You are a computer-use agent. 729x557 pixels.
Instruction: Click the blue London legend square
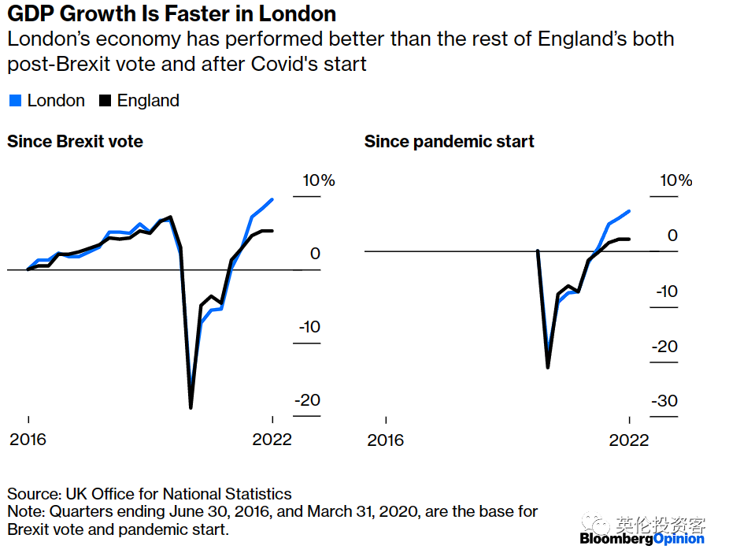[x=14, y=101]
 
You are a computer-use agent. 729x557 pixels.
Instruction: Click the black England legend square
[x=104, y=101]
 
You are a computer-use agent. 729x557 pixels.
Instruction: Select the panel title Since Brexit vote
[x=75, y=142]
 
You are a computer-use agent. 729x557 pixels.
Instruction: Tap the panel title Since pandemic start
[x=449, y=142]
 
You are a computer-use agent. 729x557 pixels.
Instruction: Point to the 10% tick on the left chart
[x=319, y=180]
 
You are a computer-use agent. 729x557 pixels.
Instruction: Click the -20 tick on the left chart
[x=308, y=400]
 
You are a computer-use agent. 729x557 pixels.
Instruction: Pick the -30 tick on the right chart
[x=664, y=401]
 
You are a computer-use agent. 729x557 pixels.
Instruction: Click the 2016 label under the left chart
[x=28, y=439]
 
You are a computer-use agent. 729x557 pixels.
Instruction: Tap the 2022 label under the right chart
[x=630, y=439]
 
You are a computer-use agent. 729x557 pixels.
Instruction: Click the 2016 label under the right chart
[x=385, y=439]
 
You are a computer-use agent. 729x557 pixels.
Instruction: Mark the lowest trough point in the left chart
[x=191, y=407]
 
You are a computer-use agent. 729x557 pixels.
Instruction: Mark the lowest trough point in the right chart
[x=548, y=367]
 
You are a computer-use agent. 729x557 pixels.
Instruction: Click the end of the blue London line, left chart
[x=272, y=199]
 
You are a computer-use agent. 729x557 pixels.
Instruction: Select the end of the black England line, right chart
[x=630, y=239]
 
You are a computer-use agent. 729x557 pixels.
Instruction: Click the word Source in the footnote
[x=31, y=495]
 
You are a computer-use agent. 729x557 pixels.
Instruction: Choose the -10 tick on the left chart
[x=308, y=327]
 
